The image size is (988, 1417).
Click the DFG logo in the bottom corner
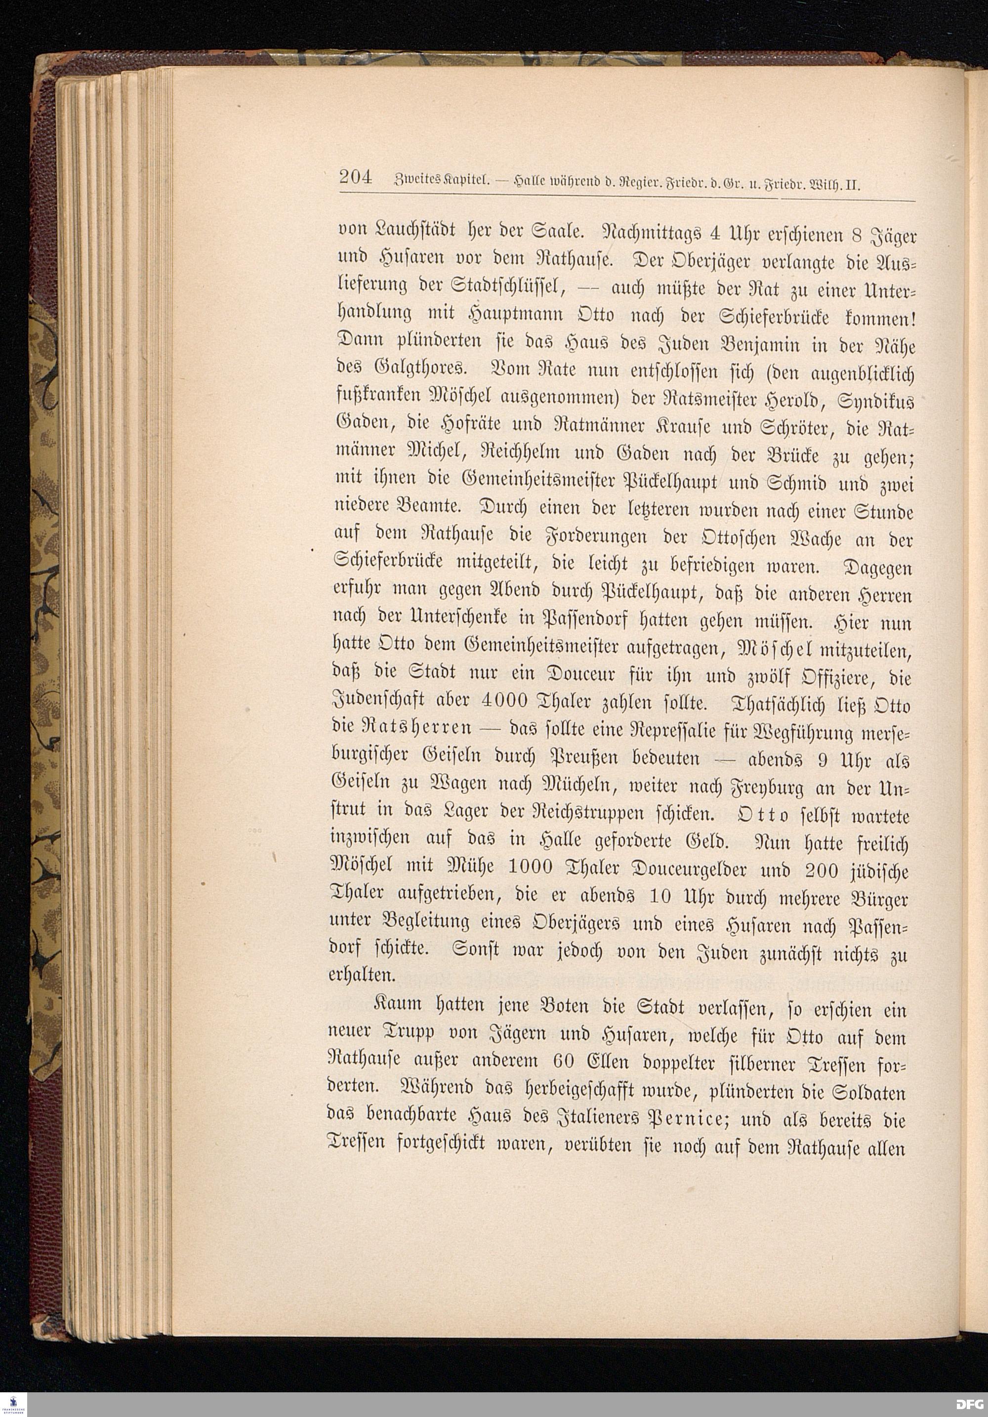click(x=970, y=1404)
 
